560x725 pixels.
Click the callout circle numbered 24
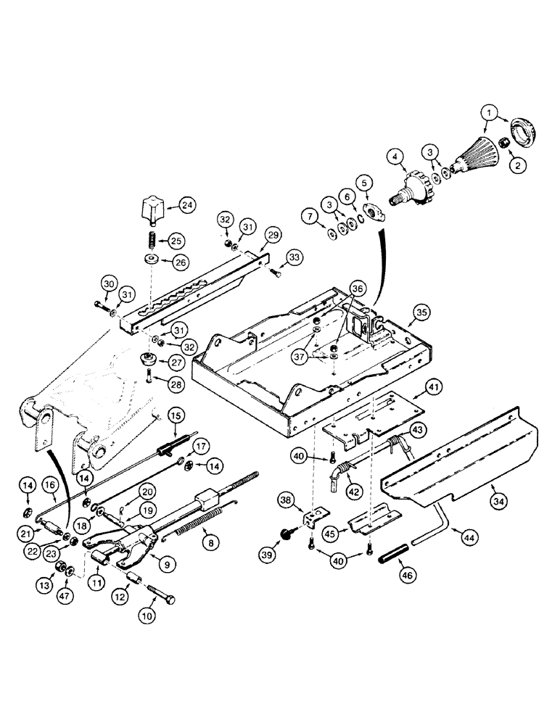pyautogui.click(x=188, y=205)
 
